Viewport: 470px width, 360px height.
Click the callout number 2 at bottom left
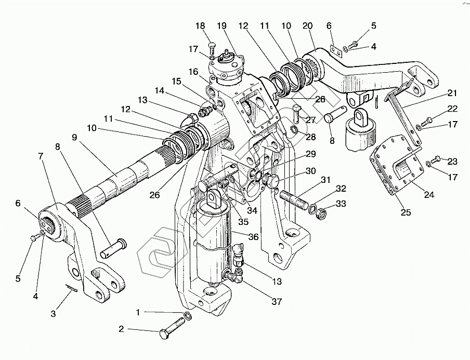[x=121, y=329]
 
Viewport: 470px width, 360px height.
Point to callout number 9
[x=74, y=138]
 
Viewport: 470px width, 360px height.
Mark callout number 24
[x=429, y=195]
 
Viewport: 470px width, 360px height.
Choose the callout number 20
[x=307, y=25]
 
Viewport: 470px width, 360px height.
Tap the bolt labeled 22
[x=425, y=122]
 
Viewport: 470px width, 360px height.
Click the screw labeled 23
[x=437, y=158]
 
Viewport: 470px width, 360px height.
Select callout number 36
[x=253, y=237]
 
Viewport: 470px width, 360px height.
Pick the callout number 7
[x=40, y=155]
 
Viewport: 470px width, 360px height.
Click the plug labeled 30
[x=272, y=181]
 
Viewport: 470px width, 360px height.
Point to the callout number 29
[x=310, y=154]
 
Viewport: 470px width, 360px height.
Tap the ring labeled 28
[x=294, y=129]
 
